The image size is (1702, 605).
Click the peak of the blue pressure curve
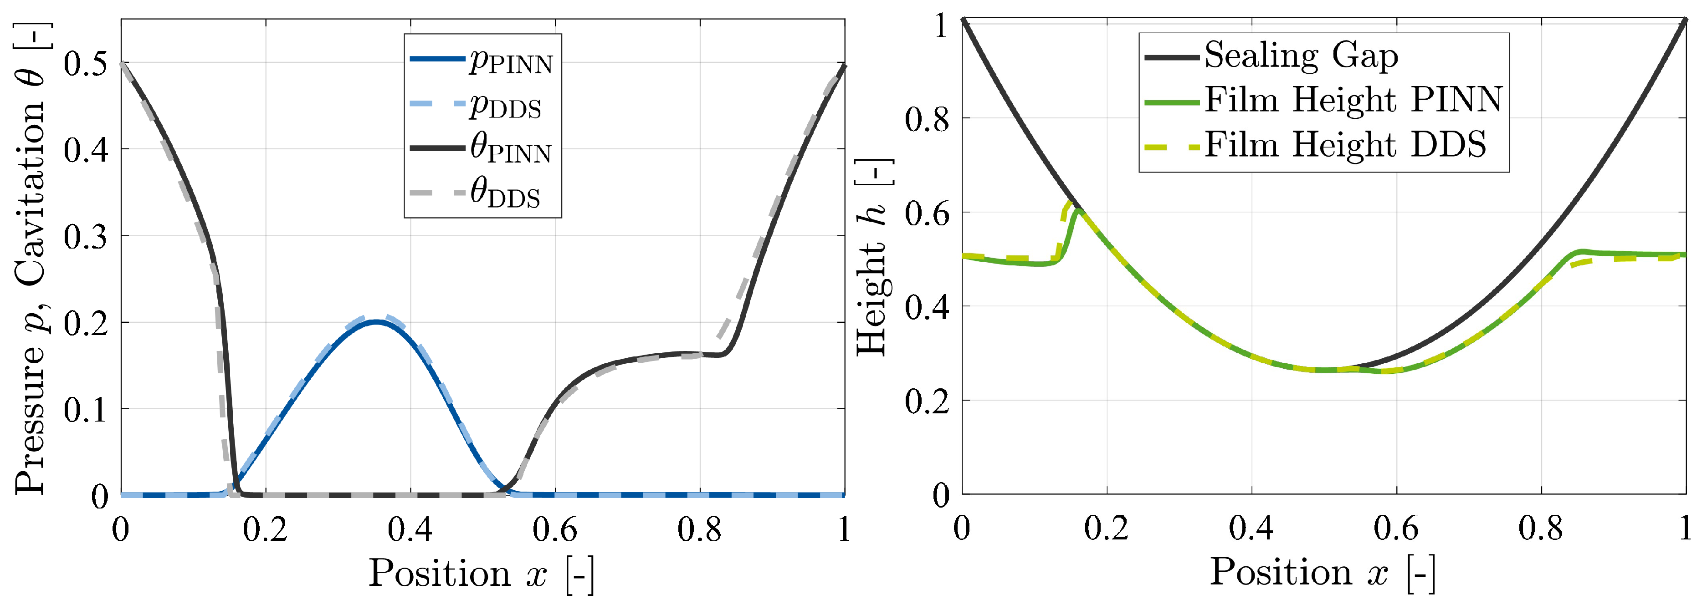pyautogui.click(x=376, y=322)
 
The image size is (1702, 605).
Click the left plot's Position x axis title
pyautogui.click(x=481, y=573)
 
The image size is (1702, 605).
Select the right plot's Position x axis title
pyautogui.click(x=1322, y=572)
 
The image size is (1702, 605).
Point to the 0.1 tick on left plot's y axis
pyautogui.click(x=86, y=410)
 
